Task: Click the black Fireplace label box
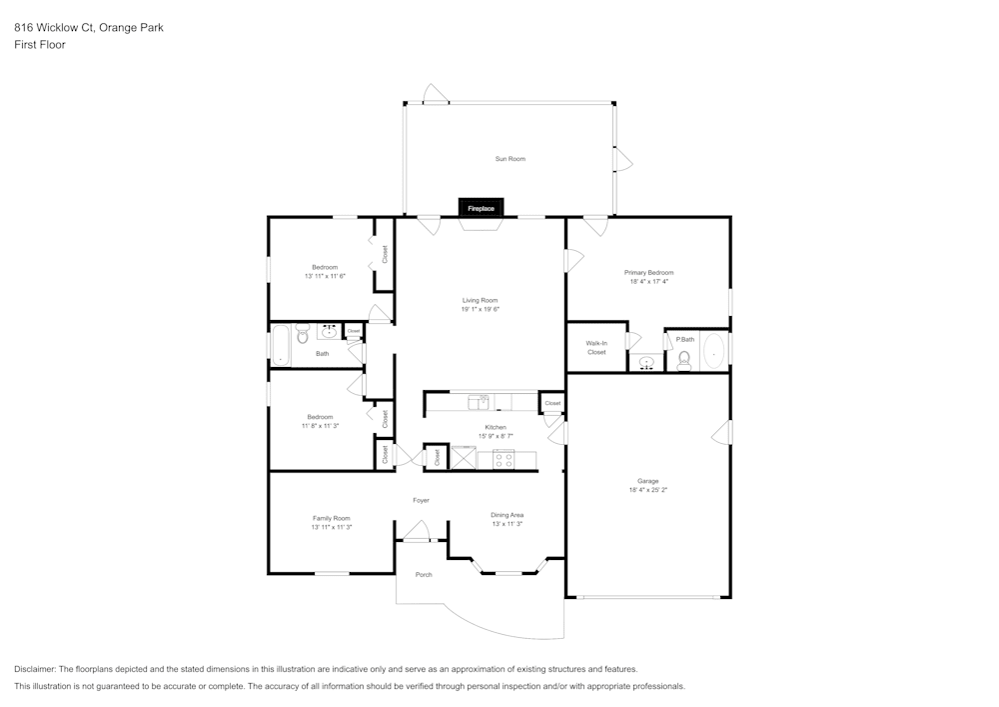pyautogui.click(x=482, y=208)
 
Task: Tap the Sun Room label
pyautogui.click(x=509, y=159)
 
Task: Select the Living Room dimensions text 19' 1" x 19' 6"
pyautogui.click(x=480, y=309)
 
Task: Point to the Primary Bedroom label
pyautogui.click(x=648, y=272)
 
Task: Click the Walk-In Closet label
pyautogui.click(x=596, y=348)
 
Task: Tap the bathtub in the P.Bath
pyautogui.click(x=713, y=352)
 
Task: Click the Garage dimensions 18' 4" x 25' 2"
pyautogui.click(x=648, y=490)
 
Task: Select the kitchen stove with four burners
pyautogui.click(x=503, y=461)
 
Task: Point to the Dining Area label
pyautogui.click(x=507, y=515)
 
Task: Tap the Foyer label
pyautogui.click(x=422, y=500)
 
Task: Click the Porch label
pyautogui.click(x=424, y=574)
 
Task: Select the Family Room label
pyautogui.click(x=332, y=518)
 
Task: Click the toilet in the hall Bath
pyautogui.click(x=303, y=337)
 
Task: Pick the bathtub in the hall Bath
pyautogui.click(x=280, y=345)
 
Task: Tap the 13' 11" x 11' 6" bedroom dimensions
pyautogui.click(x=325, y=276)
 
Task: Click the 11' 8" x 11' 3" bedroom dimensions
pyautogui.click(x=321, y=426)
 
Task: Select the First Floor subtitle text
pyautogui.click(x=40, y=45)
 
